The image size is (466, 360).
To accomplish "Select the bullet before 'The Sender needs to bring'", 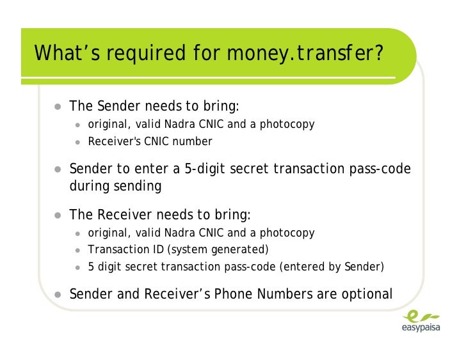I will coord(58,106).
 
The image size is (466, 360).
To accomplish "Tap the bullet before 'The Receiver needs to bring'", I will coord(58,215).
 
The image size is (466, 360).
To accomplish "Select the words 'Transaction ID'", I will coord(124,249).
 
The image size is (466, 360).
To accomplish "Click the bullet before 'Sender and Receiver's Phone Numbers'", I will coord(58,295).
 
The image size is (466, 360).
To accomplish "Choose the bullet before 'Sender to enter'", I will coord(58,170).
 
